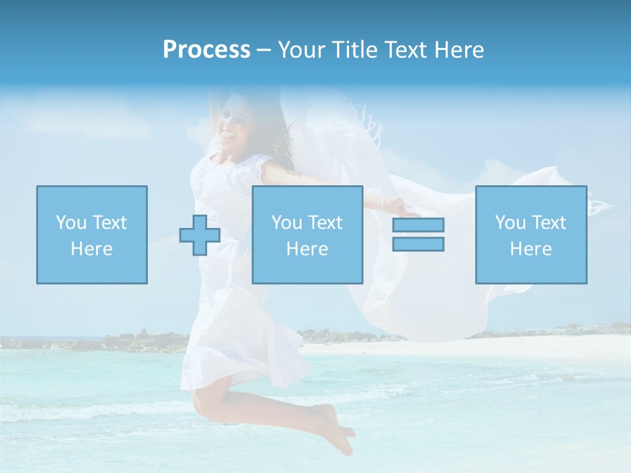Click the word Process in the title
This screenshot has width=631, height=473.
[206, 50]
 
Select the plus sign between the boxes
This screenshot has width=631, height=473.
[200, 235]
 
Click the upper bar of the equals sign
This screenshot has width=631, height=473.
[418, 225]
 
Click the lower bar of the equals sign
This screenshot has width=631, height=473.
[418, 244]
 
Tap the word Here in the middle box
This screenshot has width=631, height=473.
[308, 249]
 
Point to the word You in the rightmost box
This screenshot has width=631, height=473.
[510, 223]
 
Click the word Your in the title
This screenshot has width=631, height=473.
[300, 50]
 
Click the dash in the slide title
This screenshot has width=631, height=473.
[264, 50]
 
